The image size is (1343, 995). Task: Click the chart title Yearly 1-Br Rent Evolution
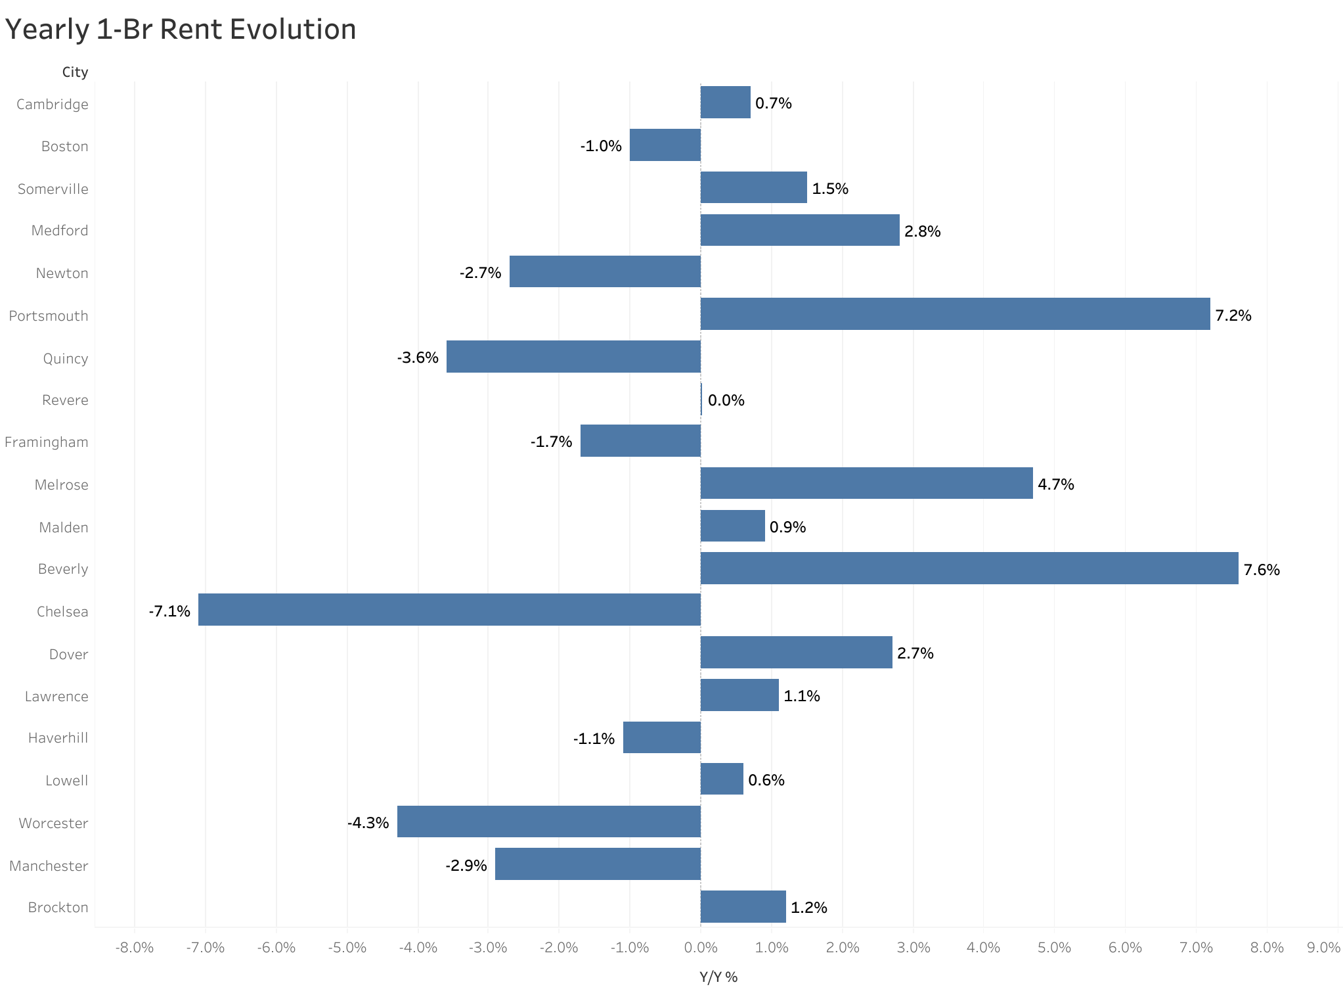tap(181, 30)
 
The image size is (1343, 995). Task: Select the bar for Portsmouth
tap(955, 314)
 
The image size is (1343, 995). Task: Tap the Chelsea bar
tap(449, 610)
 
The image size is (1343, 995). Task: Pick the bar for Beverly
tap(969, 568)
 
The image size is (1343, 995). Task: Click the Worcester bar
tap(548, 821)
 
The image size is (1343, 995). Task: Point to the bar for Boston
tap(665, 145)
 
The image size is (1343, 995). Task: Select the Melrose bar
tap(866, 483)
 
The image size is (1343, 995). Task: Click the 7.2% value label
tap(1233, 315)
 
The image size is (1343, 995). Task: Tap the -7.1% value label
tap(169, 611)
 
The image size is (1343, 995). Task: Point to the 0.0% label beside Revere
tap(726, 400)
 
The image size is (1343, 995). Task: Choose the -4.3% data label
tap(368, 823)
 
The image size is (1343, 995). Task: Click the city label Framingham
tap(46, 442)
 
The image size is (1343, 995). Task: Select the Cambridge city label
tap(52, 104)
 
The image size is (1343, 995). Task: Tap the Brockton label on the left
tap(58, 908)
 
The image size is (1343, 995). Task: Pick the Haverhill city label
tap(58, 738)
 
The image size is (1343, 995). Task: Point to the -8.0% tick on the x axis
tap(134, 948)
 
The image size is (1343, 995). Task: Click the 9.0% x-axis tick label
tap(1323, 948)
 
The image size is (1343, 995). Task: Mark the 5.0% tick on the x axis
tap(1054, 948)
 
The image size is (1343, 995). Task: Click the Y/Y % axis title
tap(718, 977)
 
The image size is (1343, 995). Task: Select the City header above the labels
tap(75, 72)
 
